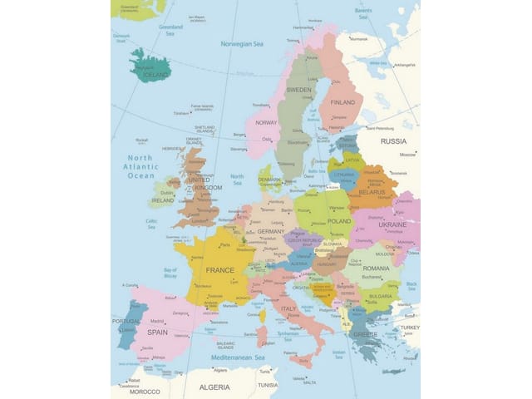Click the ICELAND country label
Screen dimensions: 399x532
click(155, 75)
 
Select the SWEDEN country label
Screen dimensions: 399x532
click(298, 89)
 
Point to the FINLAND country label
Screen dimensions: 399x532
click(342, 102)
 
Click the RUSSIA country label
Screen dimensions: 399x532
click(393, 141)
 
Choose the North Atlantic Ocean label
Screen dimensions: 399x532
click(140, 166)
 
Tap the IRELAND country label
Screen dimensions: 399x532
click(163, 200)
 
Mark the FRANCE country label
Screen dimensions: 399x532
click(219, 270)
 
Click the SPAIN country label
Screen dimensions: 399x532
click(158, 332)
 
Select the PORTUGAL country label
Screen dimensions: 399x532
click(126, 322)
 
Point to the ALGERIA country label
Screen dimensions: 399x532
click(214, 387)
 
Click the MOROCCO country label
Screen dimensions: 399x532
click(144, 392)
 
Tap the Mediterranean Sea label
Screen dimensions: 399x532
click(230, 357)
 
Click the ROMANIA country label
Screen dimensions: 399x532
click(376, 268)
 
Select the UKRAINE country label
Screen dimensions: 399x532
click(392, 224)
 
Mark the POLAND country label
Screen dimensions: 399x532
click(339, 221)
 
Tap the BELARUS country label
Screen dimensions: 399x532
click(372, 192)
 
